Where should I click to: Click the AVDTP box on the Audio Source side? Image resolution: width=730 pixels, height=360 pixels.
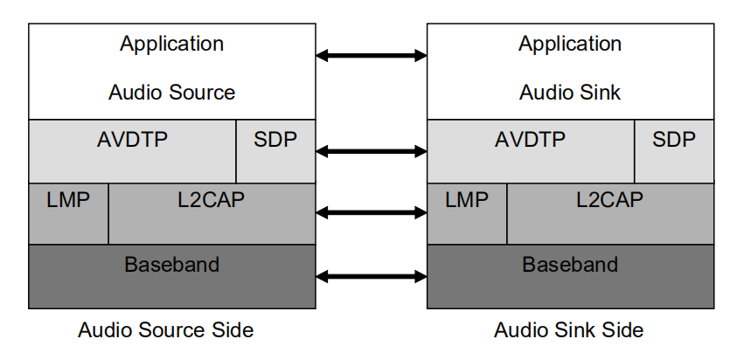[132, 151]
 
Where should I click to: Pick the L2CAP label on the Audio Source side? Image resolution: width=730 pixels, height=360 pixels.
[211, 200]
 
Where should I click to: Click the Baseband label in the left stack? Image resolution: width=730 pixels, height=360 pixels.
[171, 264]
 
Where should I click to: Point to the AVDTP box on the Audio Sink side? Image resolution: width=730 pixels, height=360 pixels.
[530, 151]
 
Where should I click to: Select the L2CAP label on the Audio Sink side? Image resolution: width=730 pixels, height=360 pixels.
[609, 200]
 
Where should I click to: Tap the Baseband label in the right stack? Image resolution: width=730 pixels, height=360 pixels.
[570, 264]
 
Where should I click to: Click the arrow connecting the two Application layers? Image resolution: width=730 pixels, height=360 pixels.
[371, 56]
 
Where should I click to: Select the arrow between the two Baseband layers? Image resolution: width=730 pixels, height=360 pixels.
[371, 277]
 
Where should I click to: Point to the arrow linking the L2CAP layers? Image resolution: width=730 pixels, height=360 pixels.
[371, 212]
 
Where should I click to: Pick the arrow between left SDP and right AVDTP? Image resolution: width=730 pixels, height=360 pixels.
[371, 151]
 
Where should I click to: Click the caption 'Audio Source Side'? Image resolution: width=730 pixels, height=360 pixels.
[166, 330]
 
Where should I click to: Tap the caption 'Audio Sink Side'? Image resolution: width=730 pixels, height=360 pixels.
[568, 330]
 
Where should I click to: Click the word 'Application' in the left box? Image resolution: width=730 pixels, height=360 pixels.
[171, 44]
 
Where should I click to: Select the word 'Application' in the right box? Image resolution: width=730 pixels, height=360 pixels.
[570, 44]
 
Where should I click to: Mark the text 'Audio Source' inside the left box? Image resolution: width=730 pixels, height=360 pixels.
[171, 92]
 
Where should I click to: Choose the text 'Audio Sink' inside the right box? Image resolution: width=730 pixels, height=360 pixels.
[570, 92]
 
